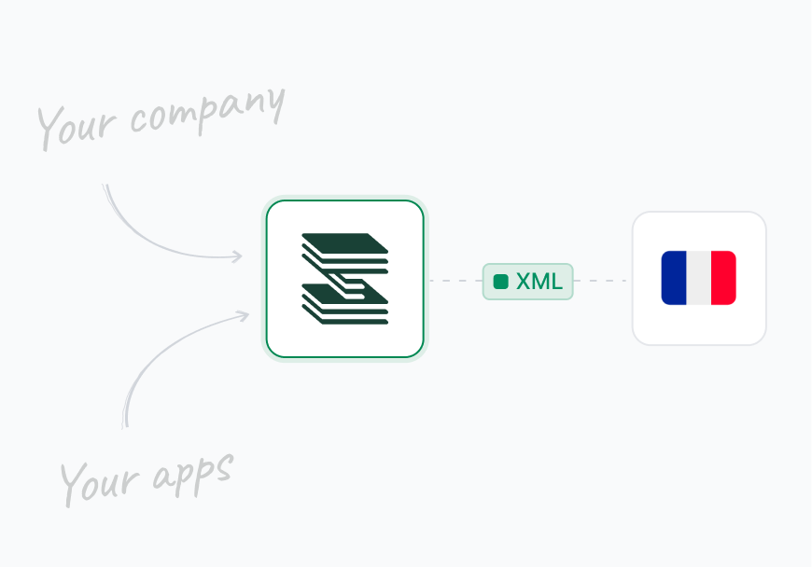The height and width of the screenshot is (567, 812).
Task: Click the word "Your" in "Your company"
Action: [79, 127]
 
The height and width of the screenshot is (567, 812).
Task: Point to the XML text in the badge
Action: [539, 282]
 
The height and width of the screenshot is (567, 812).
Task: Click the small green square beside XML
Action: [501, 282]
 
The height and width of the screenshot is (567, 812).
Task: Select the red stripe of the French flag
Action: [723, 278]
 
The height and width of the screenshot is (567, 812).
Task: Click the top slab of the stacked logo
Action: [343, 242]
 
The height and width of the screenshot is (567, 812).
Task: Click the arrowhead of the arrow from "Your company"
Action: [238, 256]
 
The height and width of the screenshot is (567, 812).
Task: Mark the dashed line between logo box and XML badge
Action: [454, 280]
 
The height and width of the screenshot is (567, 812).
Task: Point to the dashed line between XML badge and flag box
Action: [600, 280]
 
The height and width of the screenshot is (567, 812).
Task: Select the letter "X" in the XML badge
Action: [524, 282]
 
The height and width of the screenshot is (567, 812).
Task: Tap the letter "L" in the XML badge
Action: [556, 282]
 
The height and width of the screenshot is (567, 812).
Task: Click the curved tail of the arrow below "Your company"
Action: [140, 229]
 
